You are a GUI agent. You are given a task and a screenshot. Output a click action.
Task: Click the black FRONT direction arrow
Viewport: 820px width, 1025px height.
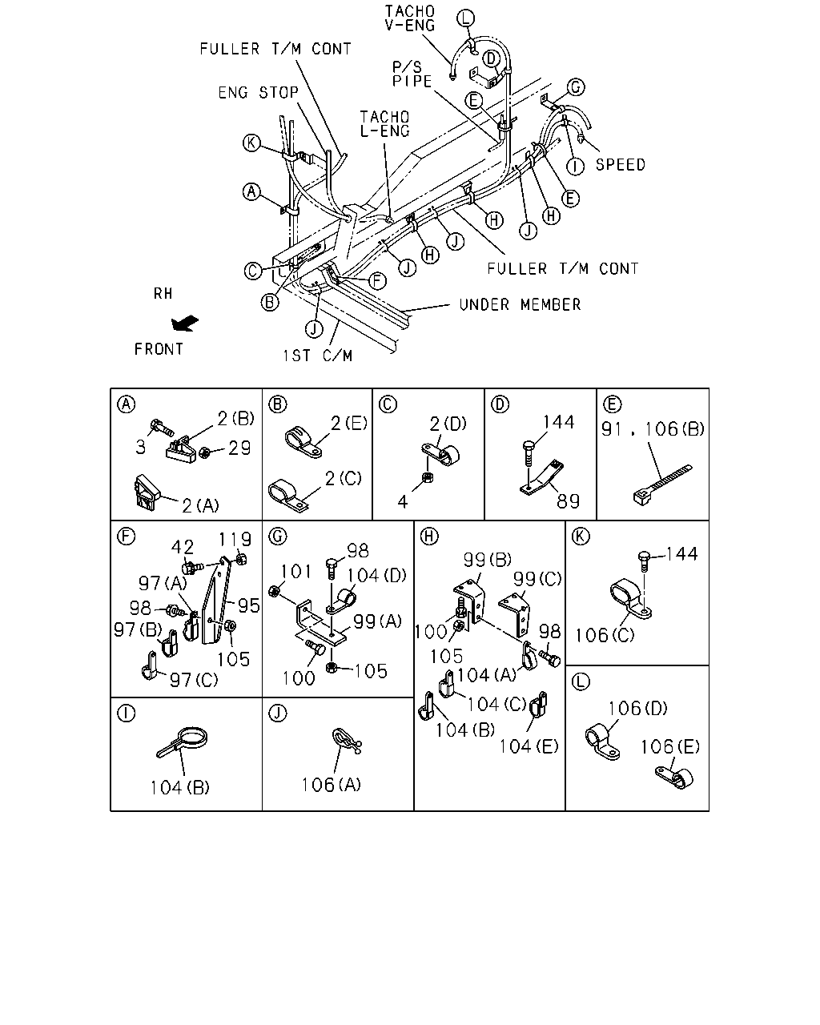(x=185, y=323)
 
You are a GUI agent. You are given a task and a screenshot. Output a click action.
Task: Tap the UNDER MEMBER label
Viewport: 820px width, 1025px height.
(x=520, y=305)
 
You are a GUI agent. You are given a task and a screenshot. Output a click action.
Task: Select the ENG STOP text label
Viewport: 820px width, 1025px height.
(x=258, y=92)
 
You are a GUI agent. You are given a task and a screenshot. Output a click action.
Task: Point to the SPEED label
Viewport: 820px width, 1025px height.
(x=621, y=165)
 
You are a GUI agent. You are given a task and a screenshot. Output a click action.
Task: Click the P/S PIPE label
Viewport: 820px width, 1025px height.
(x=412, y=74)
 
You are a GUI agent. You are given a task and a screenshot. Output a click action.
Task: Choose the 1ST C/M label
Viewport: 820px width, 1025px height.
(x=317, y=356)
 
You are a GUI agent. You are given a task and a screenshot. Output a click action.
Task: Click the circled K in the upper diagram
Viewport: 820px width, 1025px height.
(x=251, y=143)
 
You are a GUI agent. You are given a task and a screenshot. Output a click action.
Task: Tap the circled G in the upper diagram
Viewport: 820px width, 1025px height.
(x=576, y=87)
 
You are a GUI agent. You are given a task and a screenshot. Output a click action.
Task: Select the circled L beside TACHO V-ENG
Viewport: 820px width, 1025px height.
(x=465, y=18)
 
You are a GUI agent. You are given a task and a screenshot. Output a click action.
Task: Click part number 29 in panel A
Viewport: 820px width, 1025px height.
(x=239, y=448)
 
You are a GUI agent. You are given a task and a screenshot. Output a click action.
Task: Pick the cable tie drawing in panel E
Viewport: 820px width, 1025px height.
(x=662, y=485)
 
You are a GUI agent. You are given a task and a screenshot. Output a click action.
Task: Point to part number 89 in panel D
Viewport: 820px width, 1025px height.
(x=568, y=501)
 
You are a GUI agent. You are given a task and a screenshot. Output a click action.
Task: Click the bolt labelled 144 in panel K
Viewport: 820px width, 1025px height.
(x=644, y=562)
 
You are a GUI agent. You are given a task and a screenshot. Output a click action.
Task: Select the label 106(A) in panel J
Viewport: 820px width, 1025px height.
(x=332, y=785)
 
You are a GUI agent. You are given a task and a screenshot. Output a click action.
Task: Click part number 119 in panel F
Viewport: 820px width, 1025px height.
(x=235, y=540)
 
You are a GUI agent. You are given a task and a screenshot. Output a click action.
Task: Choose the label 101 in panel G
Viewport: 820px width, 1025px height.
(x=295, y=572)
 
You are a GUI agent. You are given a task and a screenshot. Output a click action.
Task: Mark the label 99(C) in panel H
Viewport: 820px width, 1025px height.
(x=537, y=579)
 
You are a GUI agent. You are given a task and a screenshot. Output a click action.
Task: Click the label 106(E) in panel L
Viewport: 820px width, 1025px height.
(x=669, y=747)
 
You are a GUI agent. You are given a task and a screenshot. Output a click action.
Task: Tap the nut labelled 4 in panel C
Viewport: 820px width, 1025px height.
(x=428, y=478)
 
